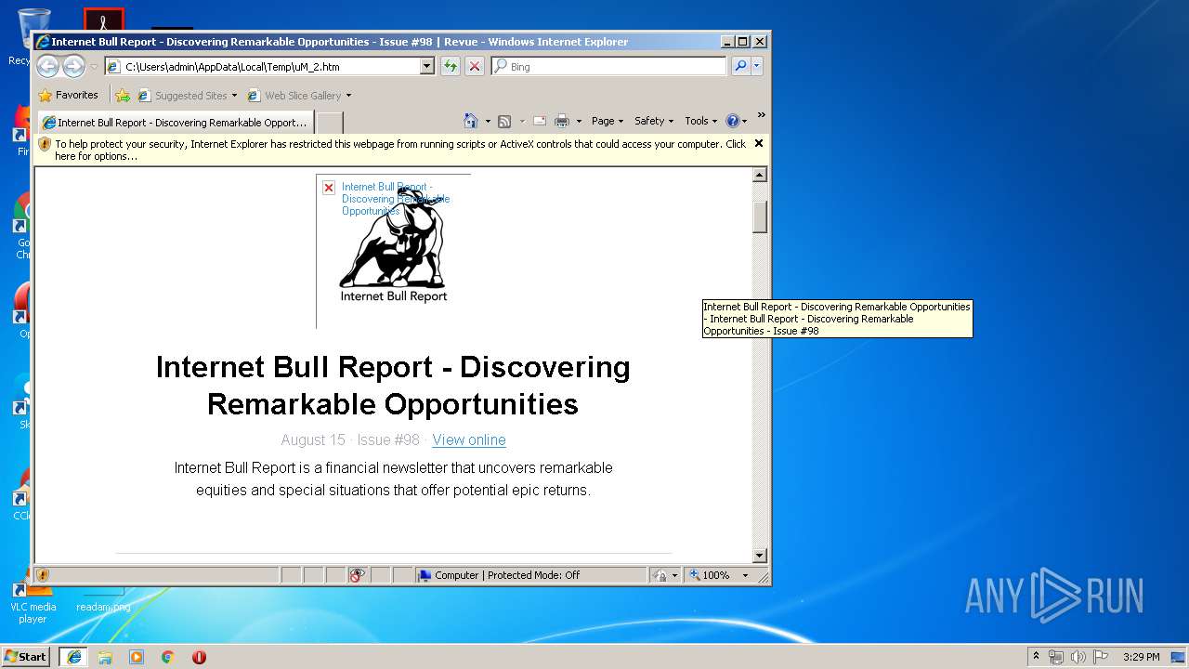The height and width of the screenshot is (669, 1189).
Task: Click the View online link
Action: coord(468,439)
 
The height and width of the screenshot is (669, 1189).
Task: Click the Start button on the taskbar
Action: coord(26,656)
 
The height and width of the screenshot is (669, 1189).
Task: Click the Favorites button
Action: coord(69,95)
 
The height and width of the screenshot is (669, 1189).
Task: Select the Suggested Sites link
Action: coord(190,96)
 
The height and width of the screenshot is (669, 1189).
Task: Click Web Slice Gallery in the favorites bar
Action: coord(302,96)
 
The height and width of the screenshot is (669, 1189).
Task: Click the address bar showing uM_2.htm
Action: coord(269,67)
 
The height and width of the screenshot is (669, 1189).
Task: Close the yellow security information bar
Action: coord(759,143)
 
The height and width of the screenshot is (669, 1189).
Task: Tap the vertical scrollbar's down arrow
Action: coord(760,556)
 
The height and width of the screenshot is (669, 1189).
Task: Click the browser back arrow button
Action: coord(47,66)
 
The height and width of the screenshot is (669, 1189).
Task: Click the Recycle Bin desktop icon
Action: coord(33,28)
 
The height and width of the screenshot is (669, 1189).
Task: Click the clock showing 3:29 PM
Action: coord(1141,657)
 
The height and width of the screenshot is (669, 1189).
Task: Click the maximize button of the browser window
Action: coord(742,42)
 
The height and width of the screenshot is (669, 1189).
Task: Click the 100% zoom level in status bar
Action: coord(716,575)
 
